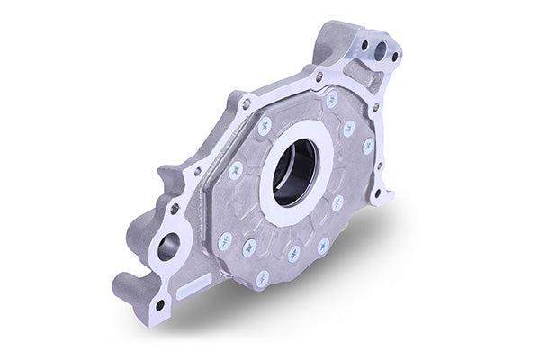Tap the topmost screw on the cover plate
tap(331, 96)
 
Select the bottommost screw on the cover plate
tap(263, 278)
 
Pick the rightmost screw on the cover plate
tap(368, 145)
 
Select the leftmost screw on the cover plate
tap(224, 240)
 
